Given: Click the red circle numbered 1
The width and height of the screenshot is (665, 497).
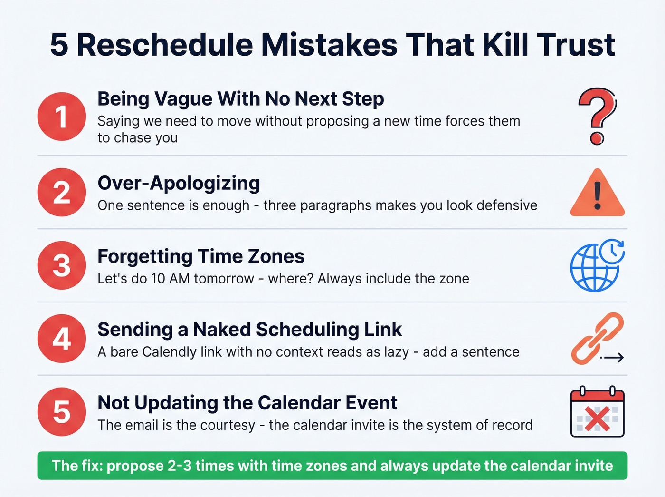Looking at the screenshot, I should coord(62,117).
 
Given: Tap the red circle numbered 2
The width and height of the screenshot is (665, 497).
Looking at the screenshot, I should coord(62,193).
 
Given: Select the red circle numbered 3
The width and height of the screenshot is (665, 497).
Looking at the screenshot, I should coord(62,265).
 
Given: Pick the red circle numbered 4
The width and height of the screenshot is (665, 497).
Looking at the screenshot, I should coord(62,339).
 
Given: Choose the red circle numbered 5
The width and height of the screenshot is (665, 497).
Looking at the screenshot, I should coord(62,412).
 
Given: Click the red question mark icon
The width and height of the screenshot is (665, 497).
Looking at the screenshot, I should coord(597,116).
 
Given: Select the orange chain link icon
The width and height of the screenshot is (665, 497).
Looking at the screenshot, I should coord(596,338).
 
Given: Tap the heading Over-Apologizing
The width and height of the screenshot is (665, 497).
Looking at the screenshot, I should coord(179,183).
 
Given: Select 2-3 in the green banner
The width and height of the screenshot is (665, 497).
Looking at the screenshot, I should coord(180,466).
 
